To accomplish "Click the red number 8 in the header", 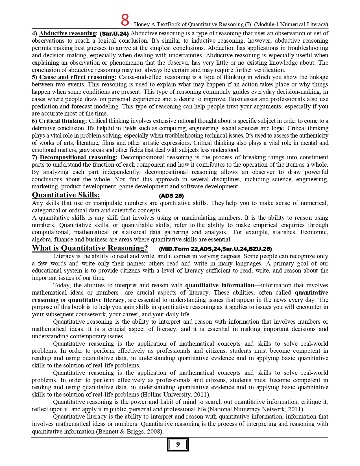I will click(125, 20).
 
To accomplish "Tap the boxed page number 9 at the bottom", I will click(178, 444).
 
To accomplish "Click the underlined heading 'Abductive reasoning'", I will click(67, 33).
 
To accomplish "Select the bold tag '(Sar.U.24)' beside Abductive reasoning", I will click(114, 34).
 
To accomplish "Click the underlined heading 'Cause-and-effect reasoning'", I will click(77, 77).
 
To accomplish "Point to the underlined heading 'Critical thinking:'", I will click(63, 121).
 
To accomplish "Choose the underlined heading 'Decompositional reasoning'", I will click(78, 157).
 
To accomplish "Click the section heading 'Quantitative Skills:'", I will click(66, 195).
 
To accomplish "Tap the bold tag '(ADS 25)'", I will click(171, 196).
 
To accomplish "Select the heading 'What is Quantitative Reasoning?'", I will click(90, 248).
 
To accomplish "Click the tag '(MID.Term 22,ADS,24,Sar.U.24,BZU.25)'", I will click(215, 249).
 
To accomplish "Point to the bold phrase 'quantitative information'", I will click(220, 285).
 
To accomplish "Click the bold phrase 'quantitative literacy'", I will click(96, 300).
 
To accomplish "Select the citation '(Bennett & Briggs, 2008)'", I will click(130, 432).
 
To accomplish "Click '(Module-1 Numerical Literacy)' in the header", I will click(291, 24).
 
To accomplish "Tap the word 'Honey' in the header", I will click(141, 25).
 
